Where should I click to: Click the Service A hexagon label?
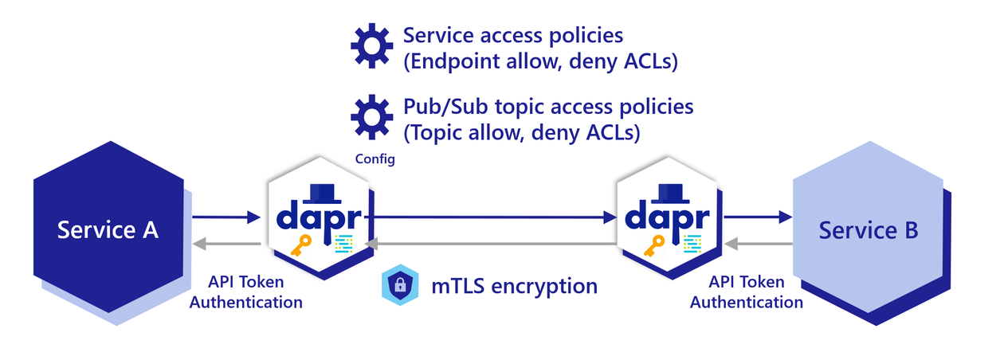point(108,230)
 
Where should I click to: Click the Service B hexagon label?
point(869,230)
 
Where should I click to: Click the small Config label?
point(375,159)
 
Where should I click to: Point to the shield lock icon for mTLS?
point(401,285)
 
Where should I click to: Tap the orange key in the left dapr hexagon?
point(305,246)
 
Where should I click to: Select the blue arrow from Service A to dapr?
point(227,217)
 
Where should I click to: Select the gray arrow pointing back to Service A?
point(227,244)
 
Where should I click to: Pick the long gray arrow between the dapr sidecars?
point(489,244)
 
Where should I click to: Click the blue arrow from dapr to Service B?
point(758,216)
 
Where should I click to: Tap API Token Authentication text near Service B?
point(746,292)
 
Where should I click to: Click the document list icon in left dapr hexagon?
point(344,245)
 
